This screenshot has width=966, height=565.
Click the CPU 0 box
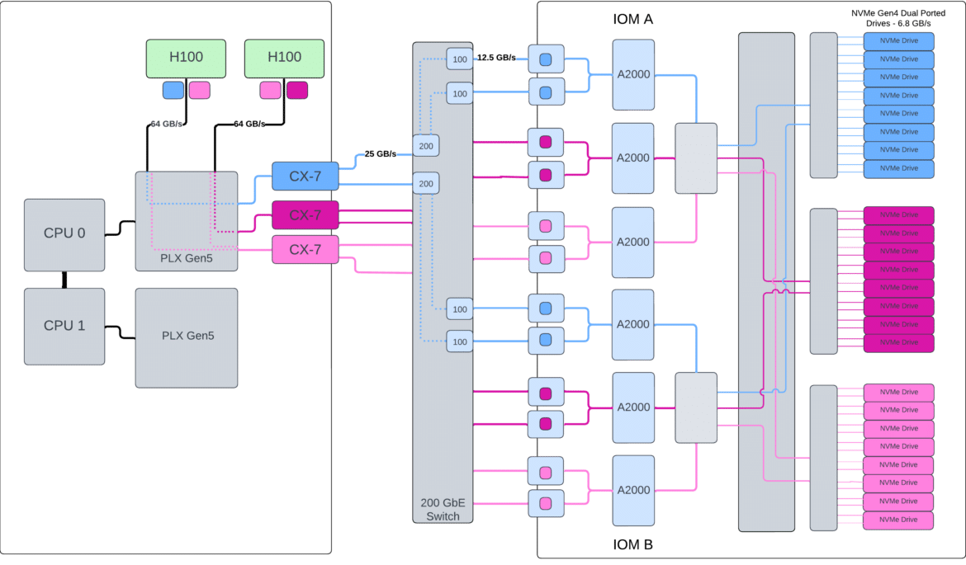pyautogui.click(x=64, y=234)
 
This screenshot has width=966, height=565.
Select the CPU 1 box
pyautogui.click(x=64, y=326)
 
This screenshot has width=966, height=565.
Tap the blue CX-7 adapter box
pyautogui.click(x=305, y=176)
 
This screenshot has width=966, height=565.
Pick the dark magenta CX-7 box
pyautogui.click(x=305, y=214)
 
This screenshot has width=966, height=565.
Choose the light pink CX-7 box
pyautogui.click(x=305, y=249)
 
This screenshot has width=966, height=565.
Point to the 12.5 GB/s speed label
pyautogui.click(x=496, y=57)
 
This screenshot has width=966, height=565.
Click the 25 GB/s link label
pyautogui.click(x=380, y=154)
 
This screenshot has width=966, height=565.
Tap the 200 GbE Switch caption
pyautogui.click(x=443, y=510)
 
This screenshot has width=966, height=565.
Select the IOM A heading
pyautogui.click(x=632, y=19)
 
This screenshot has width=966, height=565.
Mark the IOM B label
pyautogui.click(x=632, y=544)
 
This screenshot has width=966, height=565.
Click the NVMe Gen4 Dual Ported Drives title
pyautogui.click(x=898, y=18)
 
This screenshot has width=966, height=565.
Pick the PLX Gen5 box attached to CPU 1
pyautogui.click(x=187, y=338)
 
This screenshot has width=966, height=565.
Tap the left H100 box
pyautogui.click(x=186, y=59)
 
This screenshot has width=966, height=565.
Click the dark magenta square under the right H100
pyautogui.click(x=297, y=90)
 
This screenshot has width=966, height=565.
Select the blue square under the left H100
pyautogui.click(x=173, y=90)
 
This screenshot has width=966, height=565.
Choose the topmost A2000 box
pyautogui.click(x=633, y=74)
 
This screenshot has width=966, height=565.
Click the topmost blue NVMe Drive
pyautogui.click(x=899, y=41)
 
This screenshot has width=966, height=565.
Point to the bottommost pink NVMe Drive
pyautogui.click(x=898, y=520)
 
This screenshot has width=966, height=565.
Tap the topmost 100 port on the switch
pyautogui.click(x=460, y=59)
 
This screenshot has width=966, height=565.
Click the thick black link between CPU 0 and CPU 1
pyautogui.click(x=64, y=280)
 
